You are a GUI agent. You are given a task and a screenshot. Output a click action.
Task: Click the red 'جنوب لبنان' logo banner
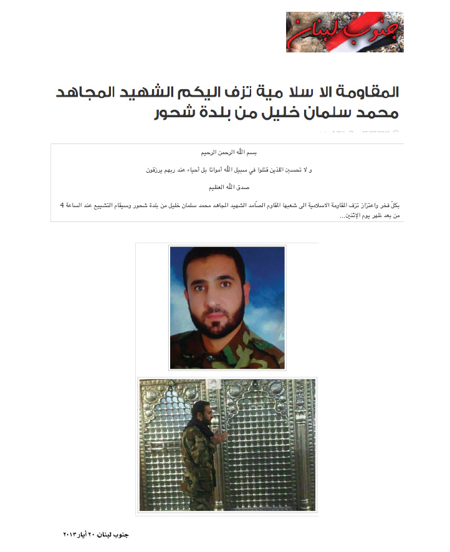[x=344, y=32]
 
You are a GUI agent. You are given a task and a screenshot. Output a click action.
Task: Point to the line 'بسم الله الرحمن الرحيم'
[x=226, y=152]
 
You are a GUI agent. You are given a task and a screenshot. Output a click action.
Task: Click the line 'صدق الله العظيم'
[x=227, y=186]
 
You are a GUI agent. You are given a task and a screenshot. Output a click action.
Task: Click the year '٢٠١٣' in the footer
[x=74, y=535]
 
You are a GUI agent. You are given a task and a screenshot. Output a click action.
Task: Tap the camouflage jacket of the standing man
[x=193, y=455]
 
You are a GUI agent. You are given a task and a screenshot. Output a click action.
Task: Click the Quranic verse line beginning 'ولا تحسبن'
[x=226, y=169]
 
